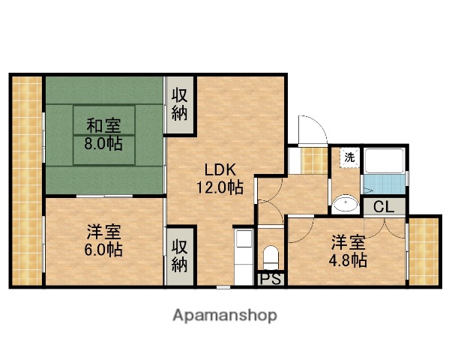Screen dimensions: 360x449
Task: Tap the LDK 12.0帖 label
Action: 220,179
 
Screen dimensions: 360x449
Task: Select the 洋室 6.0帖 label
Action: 104,240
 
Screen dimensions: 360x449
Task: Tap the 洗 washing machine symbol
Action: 349,158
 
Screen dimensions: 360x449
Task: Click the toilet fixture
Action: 271,256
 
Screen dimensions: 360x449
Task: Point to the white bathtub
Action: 384,160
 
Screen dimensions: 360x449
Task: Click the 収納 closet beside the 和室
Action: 180,105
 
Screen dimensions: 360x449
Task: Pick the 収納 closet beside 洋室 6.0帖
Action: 179,255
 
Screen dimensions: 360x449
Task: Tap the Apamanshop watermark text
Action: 224,315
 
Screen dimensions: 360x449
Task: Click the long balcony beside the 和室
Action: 27,180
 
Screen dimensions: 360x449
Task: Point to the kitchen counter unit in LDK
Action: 245,255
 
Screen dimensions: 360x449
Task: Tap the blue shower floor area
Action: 384,184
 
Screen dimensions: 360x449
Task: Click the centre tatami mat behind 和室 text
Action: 105,135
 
